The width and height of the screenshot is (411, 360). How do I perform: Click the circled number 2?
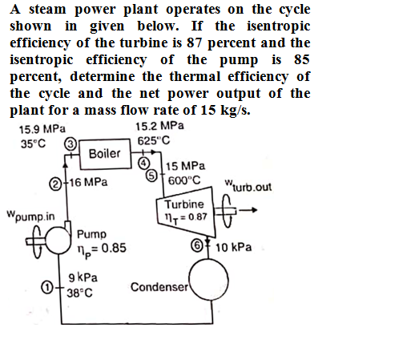54,184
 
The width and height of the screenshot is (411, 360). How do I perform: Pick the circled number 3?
70,144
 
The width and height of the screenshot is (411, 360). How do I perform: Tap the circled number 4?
144,163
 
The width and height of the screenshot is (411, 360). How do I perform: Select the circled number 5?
151,176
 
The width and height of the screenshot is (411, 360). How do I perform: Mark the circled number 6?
197,245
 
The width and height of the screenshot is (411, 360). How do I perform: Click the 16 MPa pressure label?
89,182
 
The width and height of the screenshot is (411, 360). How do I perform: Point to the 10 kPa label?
234,247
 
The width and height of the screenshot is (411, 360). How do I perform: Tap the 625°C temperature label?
154,140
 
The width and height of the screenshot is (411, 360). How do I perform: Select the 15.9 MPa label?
42,129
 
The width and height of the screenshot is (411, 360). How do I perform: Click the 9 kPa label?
83,277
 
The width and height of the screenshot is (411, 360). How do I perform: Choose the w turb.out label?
248,186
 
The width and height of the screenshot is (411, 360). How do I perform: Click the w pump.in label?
30,216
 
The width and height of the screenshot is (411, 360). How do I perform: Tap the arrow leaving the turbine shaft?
248,210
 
